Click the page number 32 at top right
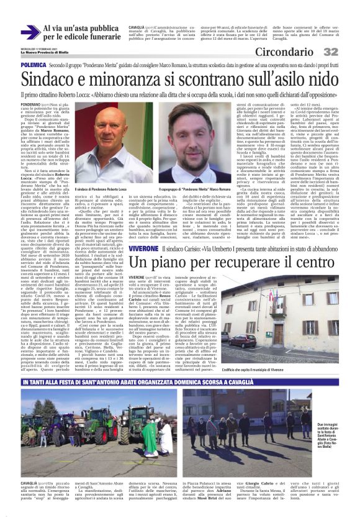349,51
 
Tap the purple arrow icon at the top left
29,33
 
